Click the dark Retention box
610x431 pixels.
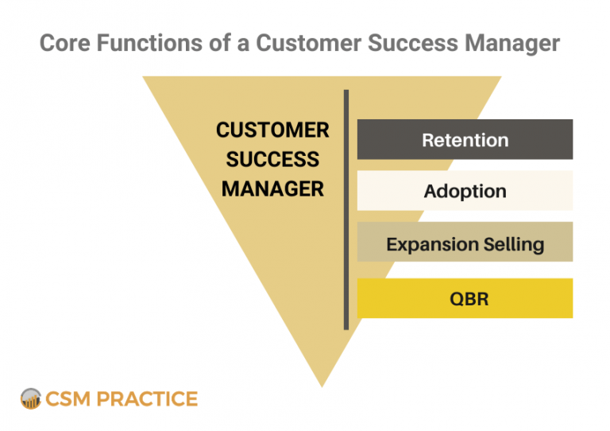click(x=465, y=140)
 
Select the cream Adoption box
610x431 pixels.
click(x=465, y=191)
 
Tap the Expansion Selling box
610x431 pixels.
click(x=465, y=243)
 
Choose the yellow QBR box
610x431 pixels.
click(x=465, y=299)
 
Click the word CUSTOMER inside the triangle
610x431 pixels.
click(x=272, y=130)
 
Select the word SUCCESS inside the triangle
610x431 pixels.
click(x=272, y=159)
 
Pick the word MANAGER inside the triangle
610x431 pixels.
click(x=272, y=189)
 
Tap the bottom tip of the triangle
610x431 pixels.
click(x=322, y=383)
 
